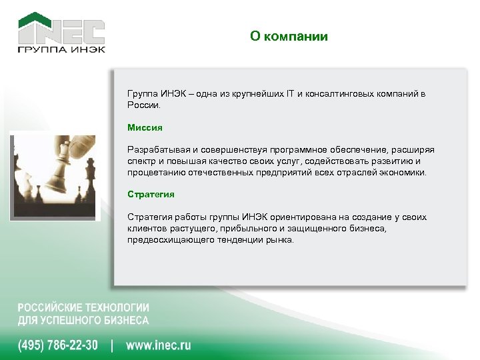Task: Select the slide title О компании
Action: pos(289,37)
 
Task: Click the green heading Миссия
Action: pos(145,127)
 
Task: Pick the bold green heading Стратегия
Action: pos(151,194)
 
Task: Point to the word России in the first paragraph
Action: pos(144,105)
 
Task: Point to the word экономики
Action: pos(404,173)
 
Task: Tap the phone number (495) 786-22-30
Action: pos(57,345)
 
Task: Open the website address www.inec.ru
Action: pos(158,345)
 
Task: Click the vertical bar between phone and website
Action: pos(111,345)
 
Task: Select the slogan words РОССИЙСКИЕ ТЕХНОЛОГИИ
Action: pos(83,308)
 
